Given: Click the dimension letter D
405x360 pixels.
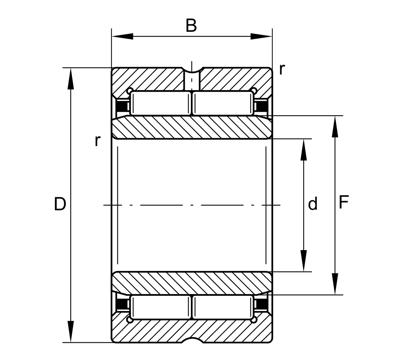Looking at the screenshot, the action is click(x=60, y=204).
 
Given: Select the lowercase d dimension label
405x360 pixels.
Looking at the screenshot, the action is click(x=313, y=203).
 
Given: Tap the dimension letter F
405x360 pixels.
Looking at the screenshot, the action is click(x=343, y=202).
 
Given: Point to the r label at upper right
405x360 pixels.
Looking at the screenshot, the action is click(x=282, y=69).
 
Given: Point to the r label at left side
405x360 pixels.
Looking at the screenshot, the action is click(x=97, y=141).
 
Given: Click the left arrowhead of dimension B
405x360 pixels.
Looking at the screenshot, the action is click(x=122, y=36).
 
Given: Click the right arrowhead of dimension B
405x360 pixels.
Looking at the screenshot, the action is click(x=262, y=36).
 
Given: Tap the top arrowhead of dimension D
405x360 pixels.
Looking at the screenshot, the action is click(x=70, y=79).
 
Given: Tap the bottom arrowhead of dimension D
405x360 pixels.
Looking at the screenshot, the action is click(x=70, y=331).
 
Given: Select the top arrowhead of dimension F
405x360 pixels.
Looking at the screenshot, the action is click(x=335, y=127).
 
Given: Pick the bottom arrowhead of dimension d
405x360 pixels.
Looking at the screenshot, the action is click(x=304, y=261).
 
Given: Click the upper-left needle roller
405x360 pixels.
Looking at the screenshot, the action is click(x=160, y=103).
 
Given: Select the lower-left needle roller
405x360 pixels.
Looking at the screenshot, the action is click(x=160, y=307).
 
